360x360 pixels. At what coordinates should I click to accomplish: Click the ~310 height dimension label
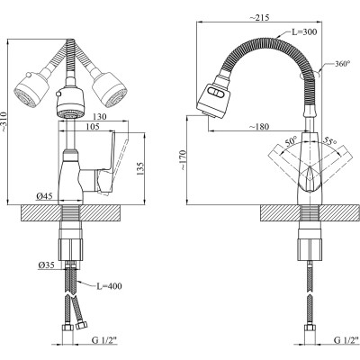tap(4, 121)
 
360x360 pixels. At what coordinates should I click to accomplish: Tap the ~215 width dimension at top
tap(259, 17)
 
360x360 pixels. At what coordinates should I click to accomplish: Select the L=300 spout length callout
tap(304, 31)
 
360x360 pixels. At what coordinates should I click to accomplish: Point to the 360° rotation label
tap(343, 64)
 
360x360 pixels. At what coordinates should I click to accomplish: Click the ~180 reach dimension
tap(259, 127)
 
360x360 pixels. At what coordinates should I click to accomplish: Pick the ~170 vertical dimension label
tap(184, 159)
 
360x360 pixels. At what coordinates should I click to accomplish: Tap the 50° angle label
tap(291, 141)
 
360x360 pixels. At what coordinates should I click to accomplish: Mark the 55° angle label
tap(329, 140)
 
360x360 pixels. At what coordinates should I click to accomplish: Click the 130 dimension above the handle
tap(100, 117)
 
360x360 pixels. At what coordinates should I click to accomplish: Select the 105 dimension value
tap(92, 127)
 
